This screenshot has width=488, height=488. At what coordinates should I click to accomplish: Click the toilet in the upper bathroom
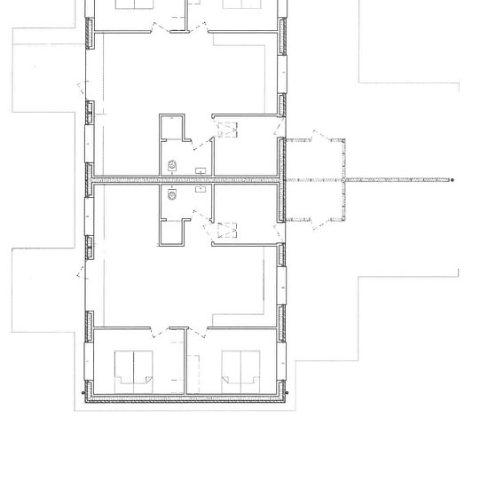(172, 164)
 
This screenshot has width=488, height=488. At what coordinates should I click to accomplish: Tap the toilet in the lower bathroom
(172, 197)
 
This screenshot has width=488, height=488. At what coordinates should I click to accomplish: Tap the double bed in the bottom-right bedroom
(240, 366)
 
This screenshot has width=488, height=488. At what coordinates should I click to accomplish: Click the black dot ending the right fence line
(452, 180)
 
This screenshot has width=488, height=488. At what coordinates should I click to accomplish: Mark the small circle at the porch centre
(342, 180)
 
